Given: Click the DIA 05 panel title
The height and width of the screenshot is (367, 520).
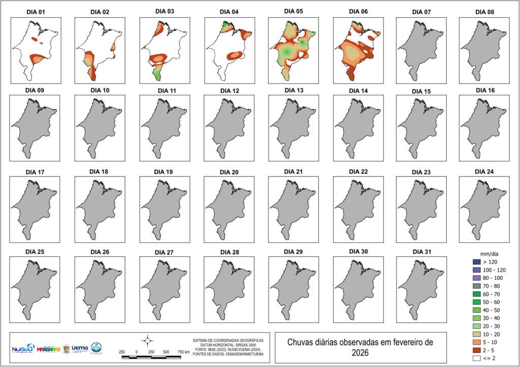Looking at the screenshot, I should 294,11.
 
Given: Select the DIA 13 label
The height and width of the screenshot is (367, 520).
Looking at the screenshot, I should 294,90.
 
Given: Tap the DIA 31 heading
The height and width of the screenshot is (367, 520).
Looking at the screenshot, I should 422,252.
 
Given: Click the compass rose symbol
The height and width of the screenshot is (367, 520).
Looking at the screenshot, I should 147,340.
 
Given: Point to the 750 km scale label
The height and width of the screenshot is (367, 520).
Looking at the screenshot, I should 183,352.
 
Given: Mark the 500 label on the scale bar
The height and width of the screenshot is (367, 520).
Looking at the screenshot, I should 166,352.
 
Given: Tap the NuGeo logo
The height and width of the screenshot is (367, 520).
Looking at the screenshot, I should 22,349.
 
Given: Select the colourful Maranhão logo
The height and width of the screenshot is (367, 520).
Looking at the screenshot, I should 49,349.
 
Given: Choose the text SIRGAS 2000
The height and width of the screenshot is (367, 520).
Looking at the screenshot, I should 236,345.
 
